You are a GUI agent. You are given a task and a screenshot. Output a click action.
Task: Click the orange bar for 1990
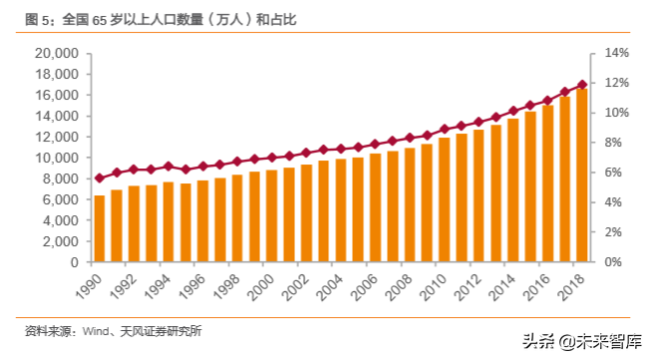tap(99, 229)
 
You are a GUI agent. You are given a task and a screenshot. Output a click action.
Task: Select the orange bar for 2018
tap(581, 176)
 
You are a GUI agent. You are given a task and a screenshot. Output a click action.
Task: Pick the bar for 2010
tap(444, 200)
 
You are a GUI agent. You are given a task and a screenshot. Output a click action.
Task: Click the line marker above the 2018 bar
tap(581, 85)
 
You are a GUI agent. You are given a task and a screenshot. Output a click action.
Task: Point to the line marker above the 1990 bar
tap(99, 179)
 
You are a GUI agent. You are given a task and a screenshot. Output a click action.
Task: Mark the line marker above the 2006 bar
tap(375, 145)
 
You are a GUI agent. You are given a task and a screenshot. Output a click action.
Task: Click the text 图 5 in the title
tap(39, 18)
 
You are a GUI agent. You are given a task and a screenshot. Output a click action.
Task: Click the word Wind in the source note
tap(96, 330)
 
